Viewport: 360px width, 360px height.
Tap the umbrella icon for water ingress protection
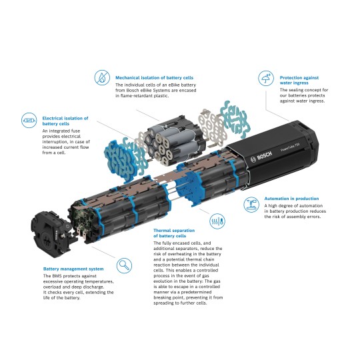[x=266, y=78]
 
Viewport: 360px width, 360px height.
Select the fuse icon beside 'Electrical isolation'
[x=28, y=121]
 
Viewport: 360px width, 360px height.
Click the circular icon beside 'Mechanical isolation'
[x=101, y=77]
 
